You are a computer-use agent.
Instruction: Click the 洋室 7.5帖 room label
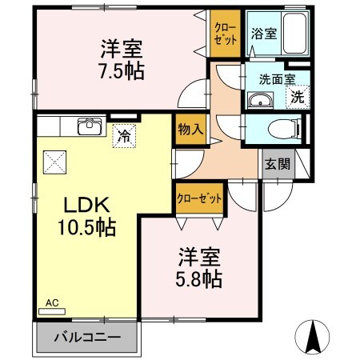click(122, 58)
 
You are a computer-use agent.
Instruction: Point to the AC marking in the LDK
click(52, 303)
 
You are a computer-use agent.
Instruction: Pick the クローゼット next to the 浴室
click(224, 32)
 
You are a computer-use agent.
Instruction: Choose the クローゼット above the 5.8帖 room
click(198, 197)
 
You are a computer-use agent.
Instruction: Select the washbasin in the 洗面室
click(259, 99)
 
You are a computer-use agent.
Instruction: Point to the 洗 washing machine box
click(296, 98)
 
